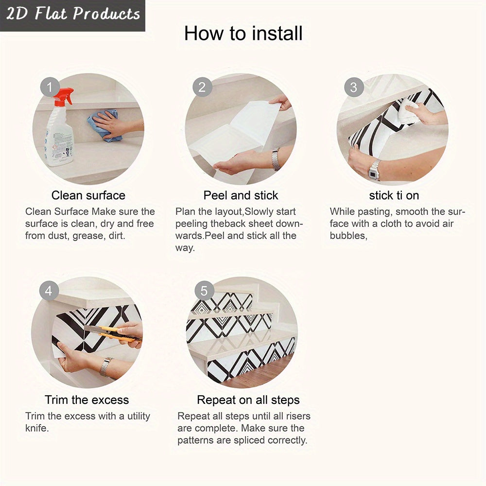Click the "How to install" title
[243, 33]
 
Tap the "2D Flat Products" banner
[72, 14]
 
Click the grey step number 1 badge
[49, 87]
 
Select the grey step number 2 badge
[202, 87]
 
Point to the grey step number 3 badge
[354, 87]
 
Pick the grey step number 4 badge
[49, 291]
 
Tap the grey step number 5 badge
[204, 291]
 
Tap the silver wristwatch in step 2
[276, 159]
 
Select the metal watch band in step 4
[105, 366]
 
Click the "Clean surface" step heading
[88, 195]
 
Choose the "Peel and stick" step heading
[241, 195]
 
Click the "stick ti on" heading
[394, 195]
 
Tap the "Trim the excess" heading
[87, 400]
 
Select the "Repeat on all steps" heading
[248, 400]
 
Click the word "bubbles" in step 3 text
[347, 236]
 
